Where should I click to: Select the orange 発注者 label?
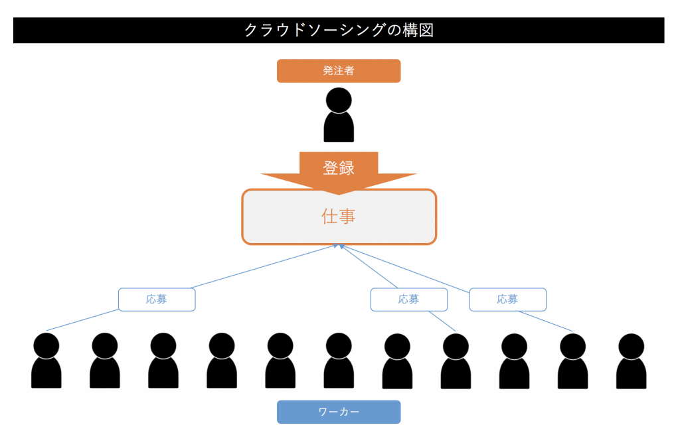coord(339,71)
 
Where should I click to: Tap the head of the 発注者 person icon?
coord(339,100)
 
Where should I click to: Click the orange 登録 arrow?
coord(339,170)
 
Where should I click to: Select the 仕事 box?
coord(339,217)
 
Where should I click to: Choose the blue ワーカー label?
coord(339,412)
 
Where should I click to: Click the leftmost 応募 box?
coord(157,300)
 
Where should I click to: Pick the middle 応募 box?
coord(408,300)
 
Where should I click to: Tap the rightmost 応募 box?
coord(507,300)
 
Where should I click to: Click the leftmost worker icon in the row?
coord(46,362)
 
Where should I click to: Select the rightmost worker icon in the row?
coord(632,362)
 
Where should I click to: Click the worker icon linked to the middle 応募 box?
coord(456,362)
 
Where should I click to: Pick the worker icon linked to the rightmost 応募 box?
coord(572,362)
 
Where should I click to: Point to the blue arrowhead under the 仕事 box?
coord(338,247)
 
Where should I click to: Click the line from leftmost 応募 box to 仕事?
coord(266,268)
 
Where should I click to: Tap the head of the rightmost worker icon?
coord(632,345)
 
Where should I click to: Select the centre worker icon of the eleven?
coord(339,362)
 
